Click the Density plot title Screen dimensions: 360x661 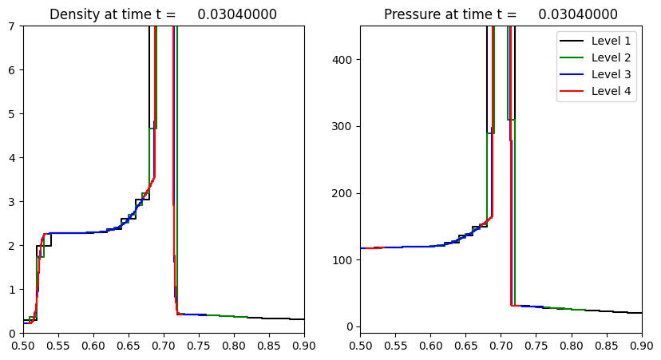(x=163, y=14)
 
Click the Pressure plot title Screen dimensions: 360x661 (x=501, y=14)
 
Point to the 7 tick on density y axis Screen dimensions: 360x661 (x=14, y=26)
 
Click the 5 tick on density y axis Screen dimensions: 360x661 (x=14, y=113)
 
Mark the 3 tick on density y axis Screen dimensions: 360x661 (x=14, y=201)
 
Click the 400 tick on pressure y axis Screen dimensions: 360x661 (x=343, y=60)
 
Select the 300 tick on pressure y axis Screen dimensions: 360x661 (x=343, y=126)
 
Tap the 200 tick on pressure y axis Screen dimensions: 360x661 (x=343, y=193)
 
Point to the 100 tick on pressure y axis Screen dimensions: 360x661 (x=343, y=260)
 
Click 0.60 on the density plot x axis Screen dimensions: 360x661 (x=93, y=344)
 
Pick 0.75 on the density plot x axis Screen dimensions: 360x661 (x=199, y=344)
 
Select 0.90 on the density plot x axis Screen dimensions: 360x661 (x=303, y=344)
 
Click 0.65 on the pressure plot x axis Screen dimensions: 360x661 (x=465, y=344)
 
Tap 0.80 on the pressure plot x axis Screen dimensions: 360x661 (x=571, y=344)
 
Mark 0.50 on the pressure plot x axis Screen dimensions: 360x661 (x=360, y=344)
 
